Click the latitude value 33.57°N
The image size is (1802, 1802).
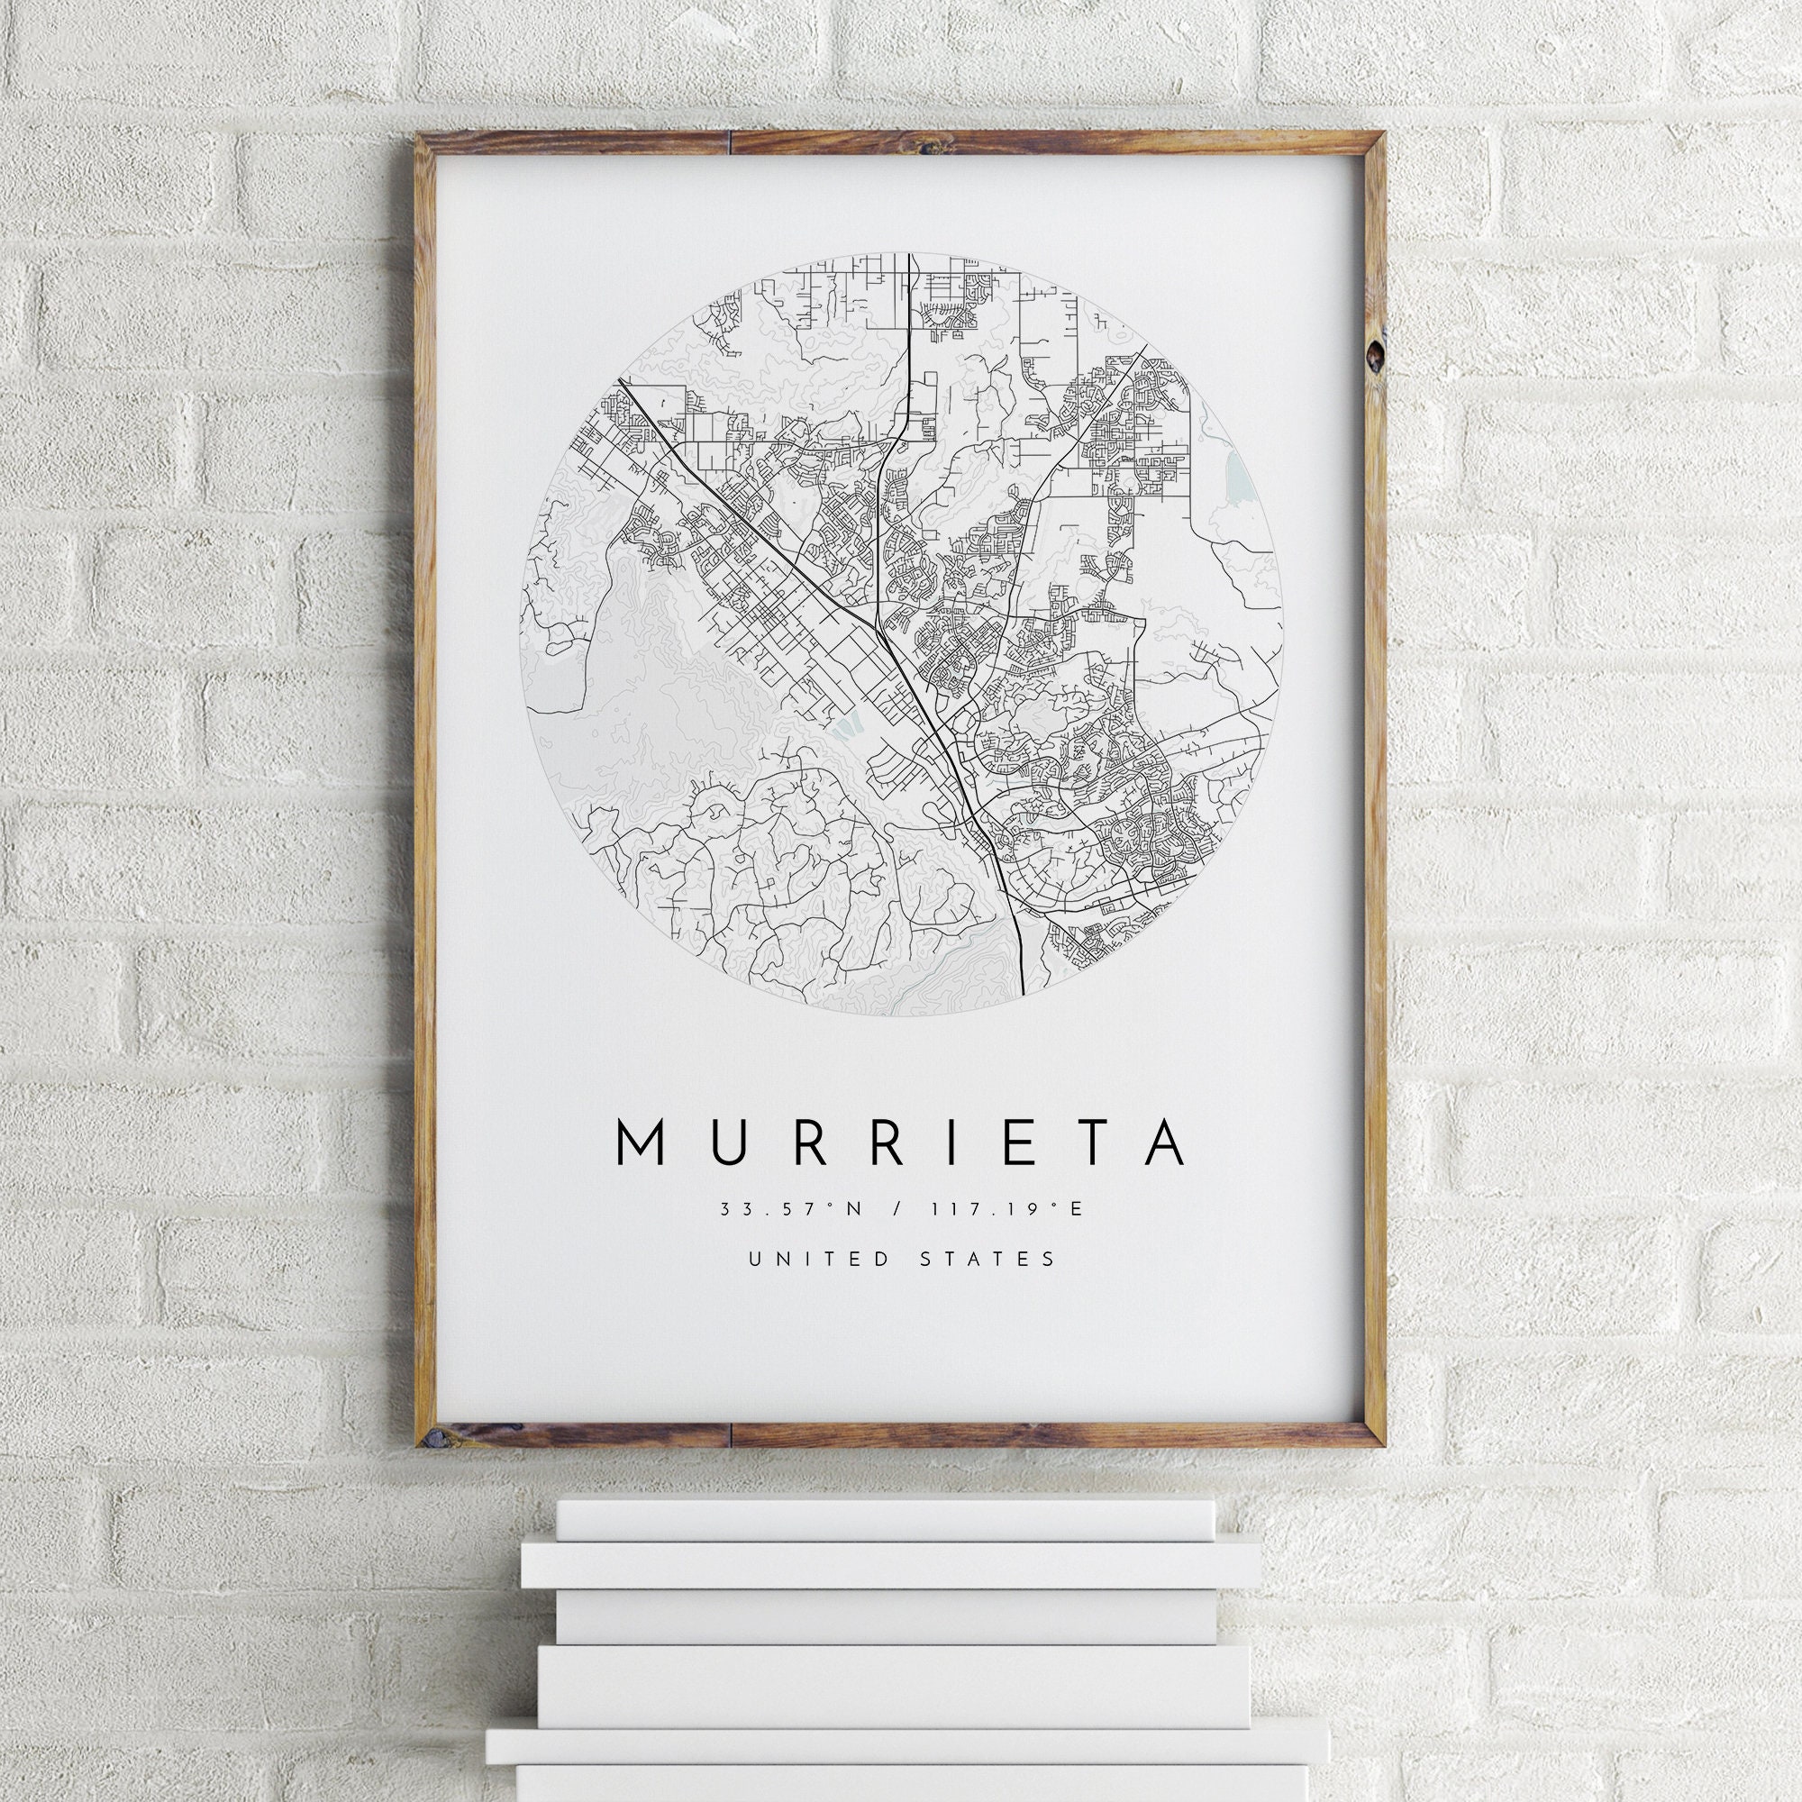pos(791,1209)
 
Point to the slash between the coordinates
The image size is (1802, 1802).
pos(898,1209)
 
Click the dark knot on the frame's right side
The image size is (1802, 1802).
pos(1375,352)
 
